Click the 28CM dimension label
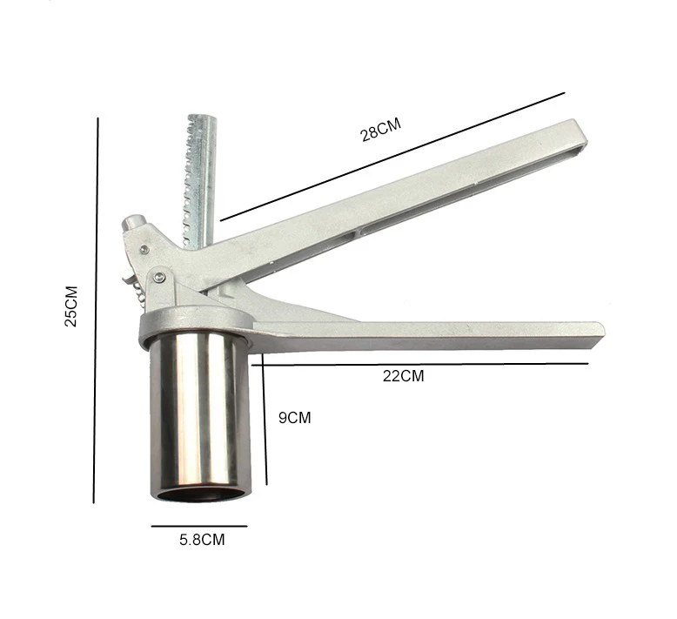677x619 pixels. coord(381,129)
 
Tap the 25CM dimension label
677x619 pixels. coord(71,306)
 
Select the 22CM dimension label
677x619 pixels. coord(403,376)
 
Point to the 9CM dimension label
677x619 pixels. coord(294,418)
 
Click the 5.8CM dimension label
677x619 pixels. coord(202,540)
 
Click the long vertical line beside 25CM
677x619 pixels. coord(96,310)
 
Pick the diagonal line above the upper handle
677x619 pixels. coord(392,157)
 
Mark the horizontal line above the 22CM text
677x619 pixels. coord(420,364)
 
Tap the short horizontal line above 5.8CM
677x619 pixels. coord(199,526)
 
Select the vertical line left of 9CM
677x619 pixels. coord(265,419)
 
